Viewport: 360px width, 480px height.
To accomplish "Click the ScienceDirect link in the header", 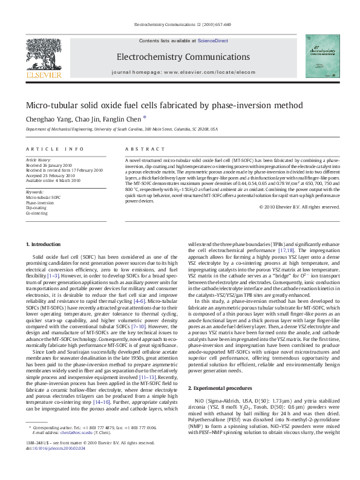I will [212, 40].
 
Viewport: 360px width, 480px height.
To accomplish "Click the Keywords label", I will [34, 192].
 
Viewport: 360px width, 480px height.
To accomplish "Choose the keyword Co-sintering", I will [37, 213].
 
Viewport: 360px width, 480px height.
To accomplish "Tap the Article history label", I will [39, 159].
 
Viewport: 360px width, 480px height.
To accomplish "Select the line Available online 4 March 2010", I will [53, 180].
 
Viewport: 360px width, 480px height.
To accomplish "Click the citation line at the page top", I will [180, 24].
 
